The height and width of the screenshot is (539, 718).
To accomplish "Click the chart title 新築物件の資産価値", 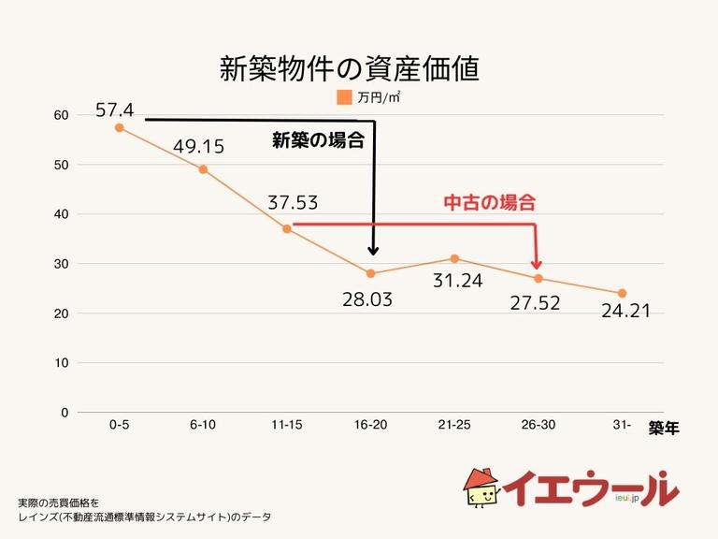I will tap(349, 68).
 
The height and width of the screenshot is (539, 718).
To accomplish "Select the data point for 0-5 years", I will tap(120, 127).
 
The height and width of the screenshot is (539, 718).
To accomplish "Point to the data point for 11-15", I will tap(287, 228).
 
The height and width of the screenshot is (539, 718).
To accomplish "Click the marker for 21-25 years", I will tap(454, 258).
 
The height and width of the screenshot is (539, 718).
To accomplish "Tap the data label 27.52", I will tap(541, 303).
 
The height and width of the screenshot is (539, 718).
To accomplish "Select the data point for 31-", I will tap(622, 293).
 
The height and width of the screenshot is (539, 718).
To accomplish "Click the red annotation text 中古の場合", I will tap(490, 202).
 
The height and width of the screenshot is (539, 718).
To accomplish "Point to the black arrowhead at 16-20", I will tap(374, 250).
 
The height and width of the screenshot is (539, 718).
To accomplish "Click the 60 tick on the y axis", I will tap(62, 115).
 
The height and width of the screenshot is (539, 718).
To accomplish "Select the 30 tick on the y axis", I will tap(62, 264).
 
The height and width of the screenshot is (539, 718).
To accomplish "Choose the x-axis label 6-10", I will tap(203, 425).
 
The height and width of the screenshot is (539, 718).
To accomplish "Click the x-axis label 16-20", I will tap(370, 425).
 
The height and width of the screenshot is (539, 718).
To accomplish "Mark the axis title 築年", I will tap(664, 430).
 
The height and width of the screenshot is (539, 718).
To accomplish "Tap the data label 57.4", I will tap(115, 111).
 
